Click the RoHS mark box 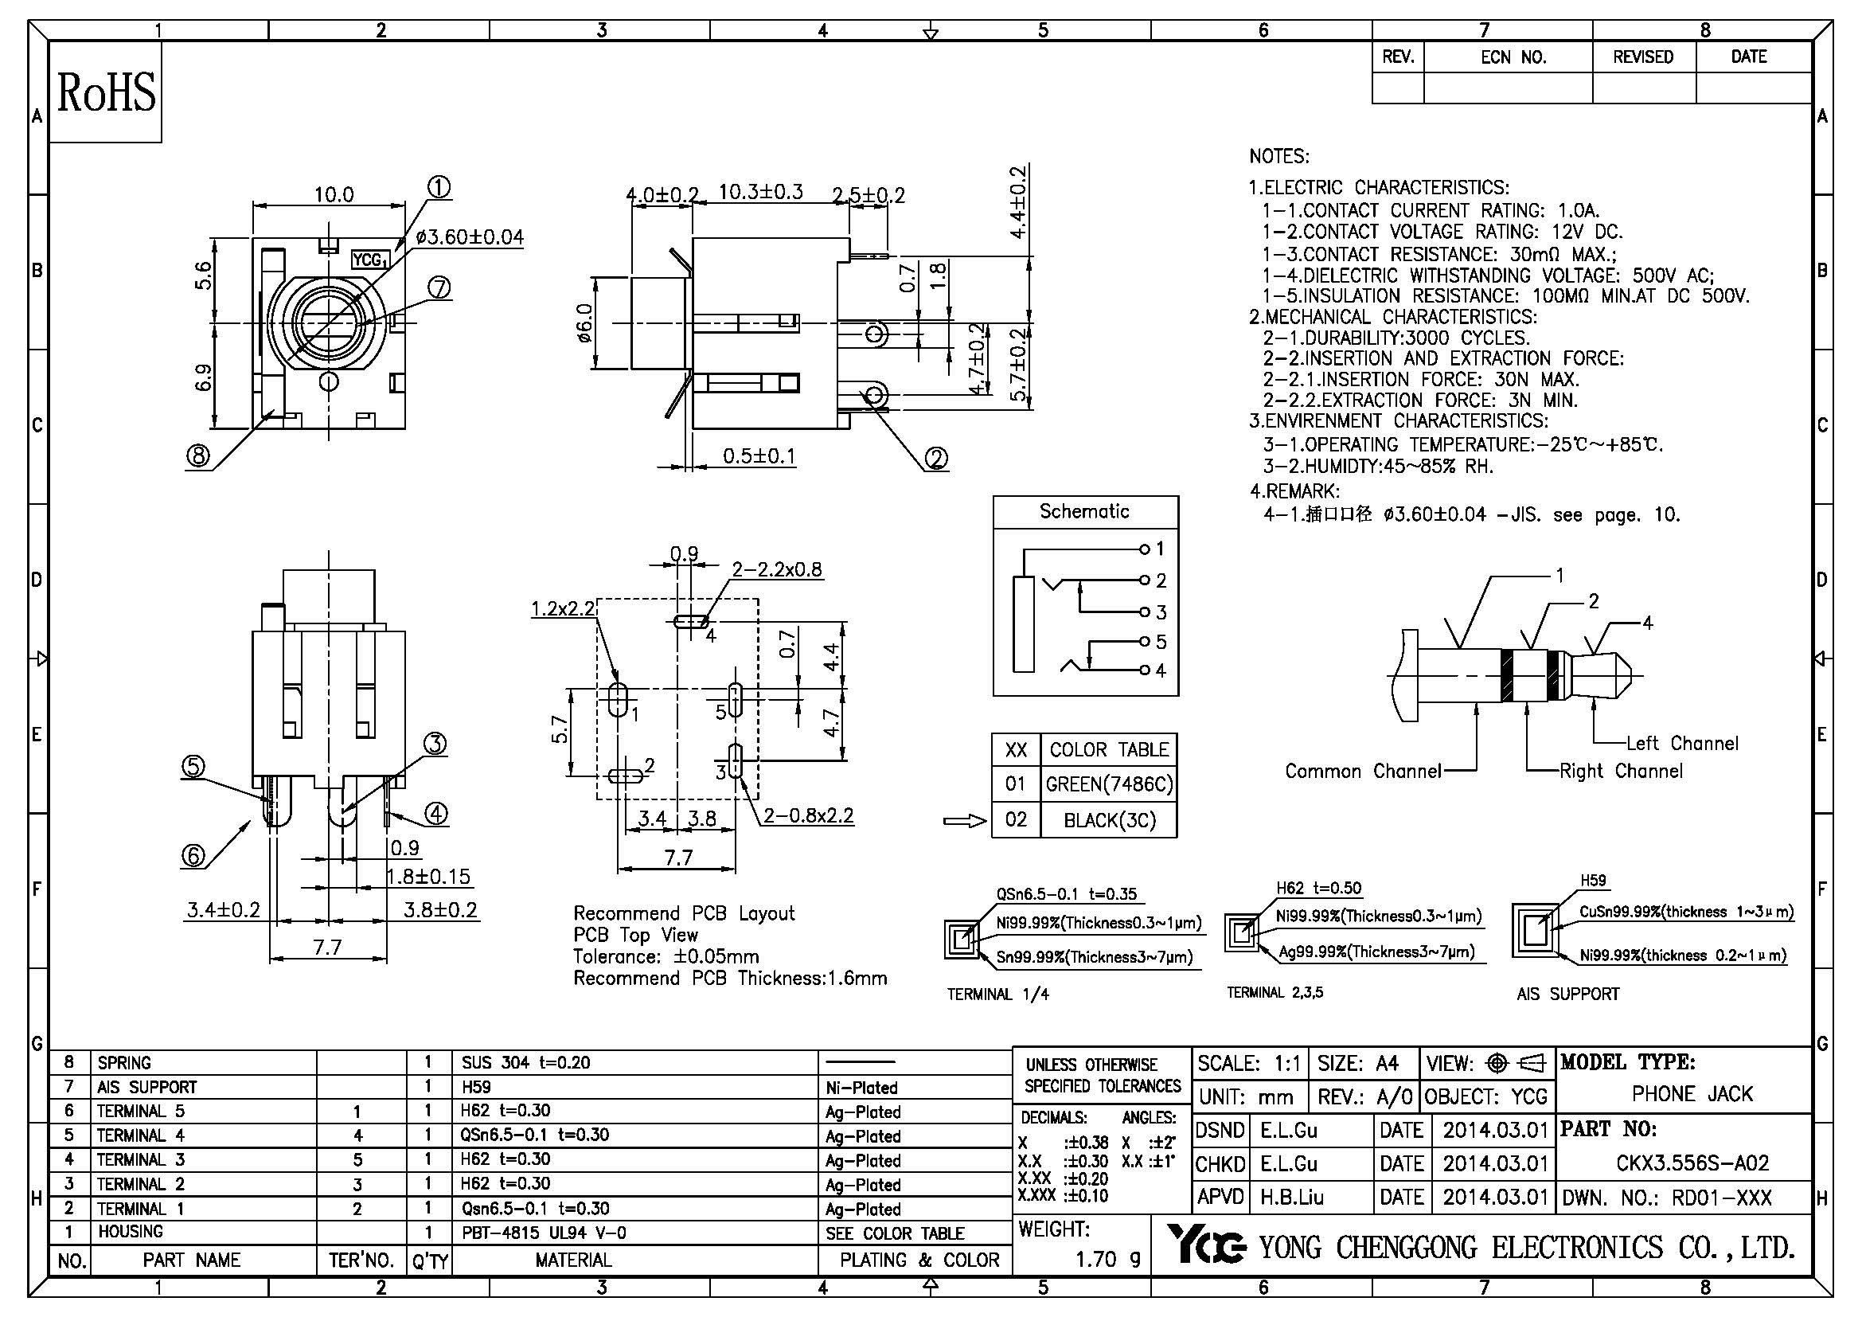[105, 92]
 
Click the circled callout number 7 [439, 288]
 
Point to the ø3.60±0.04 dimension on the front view [470, 237]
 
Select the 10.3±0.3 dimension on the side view [761, 192]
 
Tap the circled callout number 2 [936, 459]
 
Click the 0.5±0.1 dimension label [759, 455]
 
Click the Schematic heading [1084, 512]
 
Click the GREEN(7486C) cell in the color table [1109, 784]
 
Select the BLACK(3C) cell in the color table [1109, 821]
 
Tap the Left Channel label [1682, 743]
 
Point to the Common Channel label [1362, 771]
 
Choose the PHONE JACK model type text [1692, 1094]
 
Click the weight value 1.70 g [1107, 1259]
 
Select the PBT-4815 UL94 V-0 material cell [544, 1233]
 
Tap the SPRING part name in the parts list [124, 1062]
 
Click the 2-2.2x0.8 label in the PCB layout [777, 569]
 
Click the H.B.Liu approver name [1292, 1197]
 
